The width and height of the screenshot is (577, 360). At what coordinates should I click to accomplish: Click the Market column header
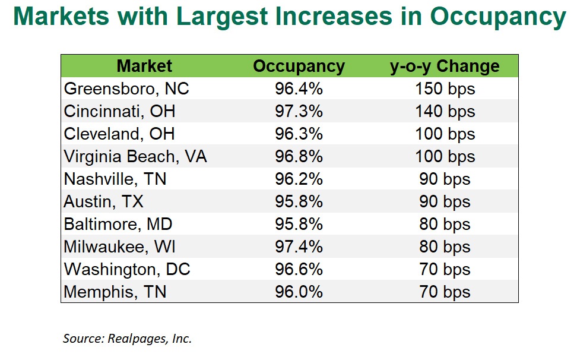[x=144, y=66]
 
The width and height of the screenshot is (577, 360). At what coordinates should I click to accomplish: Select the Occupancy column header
[x=299, y=66]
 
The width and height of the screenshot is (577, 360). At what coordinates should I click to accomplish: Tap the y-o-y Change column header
[x=445, y=66]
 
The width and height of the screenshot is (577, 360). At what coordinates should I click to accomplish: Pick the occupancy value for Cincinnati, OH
[x=299, y=111]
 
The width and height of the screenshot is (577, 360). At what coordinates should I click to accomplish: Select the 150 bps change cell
[x=445, y=89]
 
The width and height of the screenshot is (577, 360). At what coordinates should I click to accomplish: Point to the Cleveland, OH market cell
[x=119, y=134]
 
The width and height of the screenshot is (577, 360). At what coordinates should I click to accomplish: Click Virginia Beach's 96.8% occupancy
[x=299, y=156]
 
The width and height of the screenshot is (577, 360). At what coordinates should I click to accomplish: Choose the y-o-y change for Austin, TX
[x=445, y=201]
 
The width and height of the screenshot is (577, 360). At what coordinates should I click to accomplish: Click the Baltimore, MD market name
[x=118, y=224]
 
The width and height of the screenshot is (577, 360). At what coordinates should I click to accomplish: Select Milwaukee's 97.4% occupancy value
[x=299, y=247]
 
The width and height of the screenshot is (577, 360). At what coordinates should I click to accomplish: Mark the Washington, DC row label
[x=127, y=269]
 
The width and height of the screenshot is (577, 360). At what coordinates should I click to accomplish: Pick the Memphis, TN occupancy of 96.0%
[x=299, y=292]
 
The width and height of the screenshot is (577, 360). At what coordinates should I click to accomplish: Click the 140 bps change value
[x=445, y=111]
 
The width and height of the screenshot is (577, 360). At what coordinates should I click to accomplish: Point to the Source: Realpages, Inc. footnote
[x=127, y=338]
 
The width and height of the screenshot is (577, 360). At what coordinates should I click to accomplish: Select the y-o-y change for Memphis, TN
[x=445, y=292]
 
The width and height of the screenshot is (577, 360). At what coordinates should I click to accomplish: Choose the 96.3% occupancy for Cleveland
[x=299, y=134]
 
